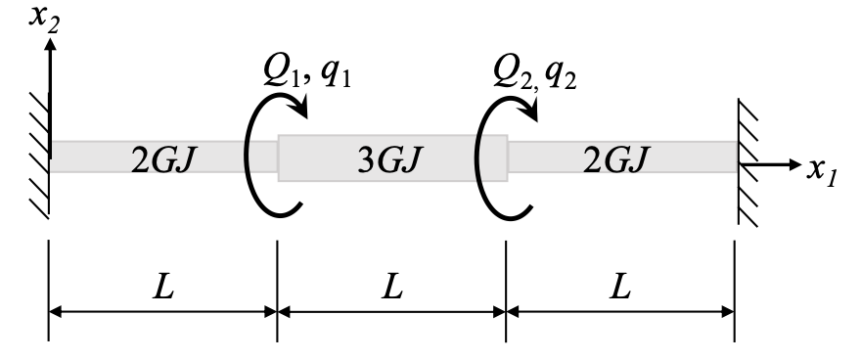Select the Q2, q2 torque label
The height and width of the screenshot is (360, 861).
536,71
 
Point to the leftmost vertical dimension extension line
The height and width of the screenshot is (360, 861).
49,293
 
